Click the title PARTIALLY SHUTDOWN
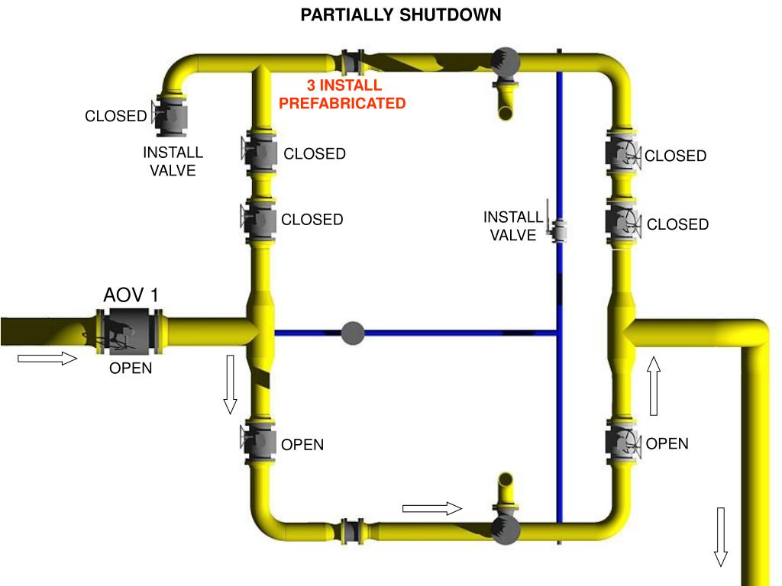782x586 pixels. (x=400, y=15)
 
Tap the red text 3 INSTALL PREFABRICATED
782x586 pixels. (x=343, y=94)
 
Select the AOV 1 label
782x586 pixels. (x=131, y=295)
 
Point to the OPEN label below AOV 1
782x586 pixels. (x=131, y=369)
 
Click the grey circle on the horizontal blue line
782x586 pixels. (x=352, y=333)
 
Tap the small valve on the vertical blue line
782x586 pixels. (x=557, y=229)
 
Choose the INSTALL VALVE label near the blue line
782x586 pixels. (x=513, y=227)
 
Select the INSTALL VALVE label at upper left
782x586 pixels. (x=173, y=161)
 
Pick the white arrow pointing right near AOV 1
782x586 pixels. (x=48, y=359)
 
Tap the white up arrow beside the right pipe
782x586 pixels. (x=654, y=386)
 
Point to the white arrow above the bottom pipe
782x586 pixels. (x=432, y=508)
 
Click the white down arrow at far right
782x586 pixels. (x=720, y=536)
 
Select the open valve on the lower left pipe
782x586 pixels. (x=258, y=443)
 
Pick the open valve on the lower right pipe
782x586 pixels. (x=622, y=443)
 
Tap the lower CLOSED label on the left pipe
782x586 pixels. (x=312, y=220)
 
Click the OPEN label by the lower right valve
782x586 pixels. (x=667, y=444)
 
